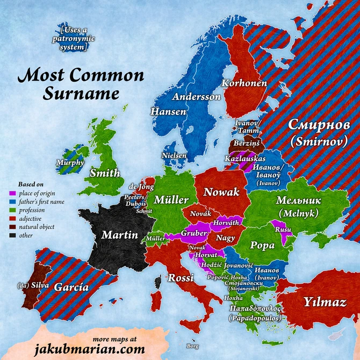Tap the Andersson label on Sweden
point(196,97)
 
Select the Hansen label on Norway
point(169,112)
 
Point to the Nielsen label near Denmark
point(174,155)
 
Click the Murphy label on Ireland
point(70,162)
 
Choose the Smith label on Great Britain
point(105,173)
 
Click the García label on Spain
point(71,287)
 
